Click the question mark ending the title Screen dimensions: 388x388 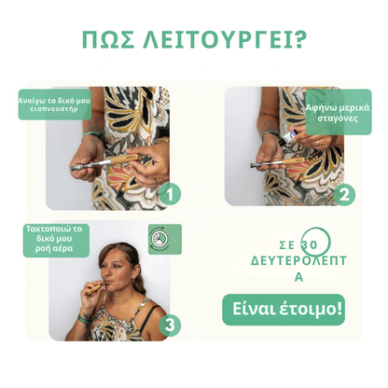tap(302, 41)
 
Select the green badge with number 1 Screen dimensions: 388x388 tap(170, 194)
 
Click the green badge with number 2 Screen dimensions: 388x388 tap(343, 194)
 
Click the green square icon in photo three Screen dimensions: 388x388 tap(158, 234)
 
